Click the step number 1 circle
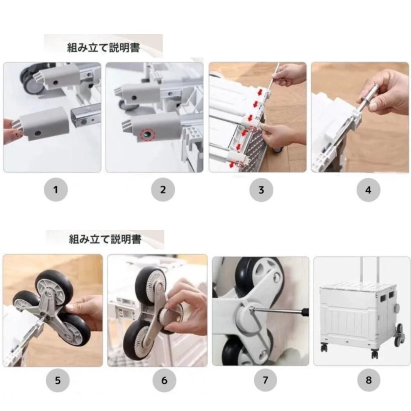pyautogui.click(x=56, y=190)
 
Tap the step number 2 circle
pyautogui.click(x=163, y=190)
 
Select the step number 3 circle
pyautogui.click(x=261, y=190)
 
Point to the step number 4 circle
pyautogui.click(x=368, y=190)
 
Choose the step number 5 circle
pyautogui.click(x=58, y=380)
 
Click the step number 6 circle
pyautogui.click(x=164, y=380)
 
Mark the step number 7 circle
pyautogui.click(x=265, y=380)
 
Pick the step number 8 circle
pyautogui.click(x=368, y=380)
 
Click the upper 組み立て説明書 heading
pyautogui.click(x=103, y=48)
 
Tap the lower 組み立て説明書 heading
pyautogui.click(x=105, y=239)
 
